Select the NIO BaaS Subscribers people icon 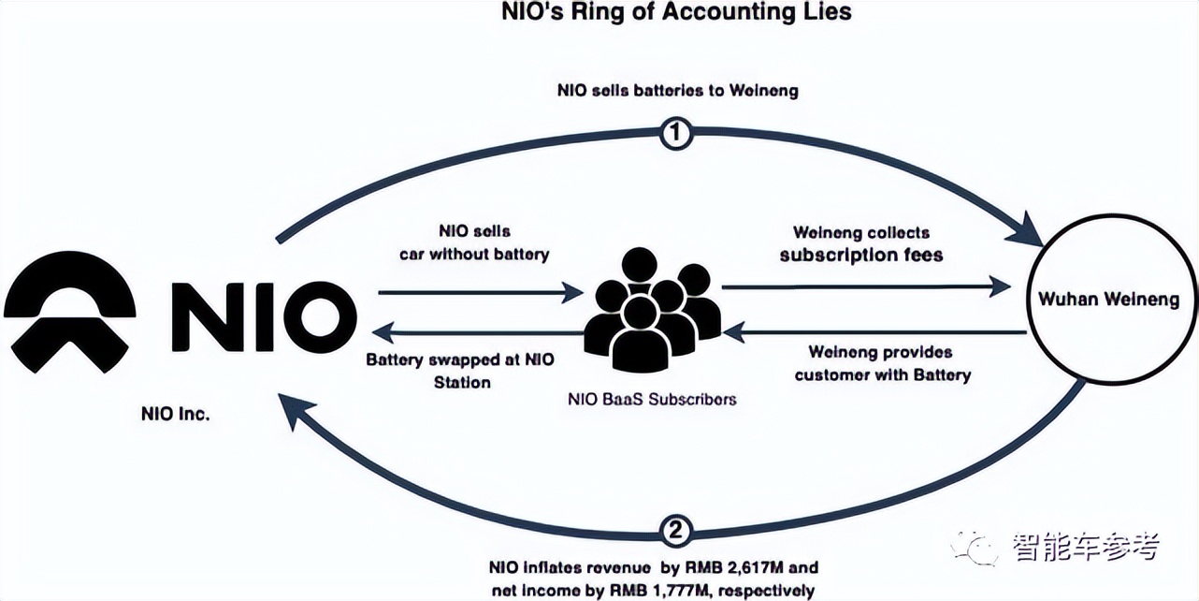[x=652, y=308]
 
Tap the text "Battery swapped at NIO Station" [x=459, y=370]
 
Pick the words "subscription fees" [x=861, y=254]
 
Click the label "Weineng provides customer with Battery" [x=882, y=363]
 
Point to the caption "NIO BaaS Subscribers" [x=652, y=399]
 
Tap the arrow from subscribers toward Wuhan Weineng [x=866, y=286]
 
